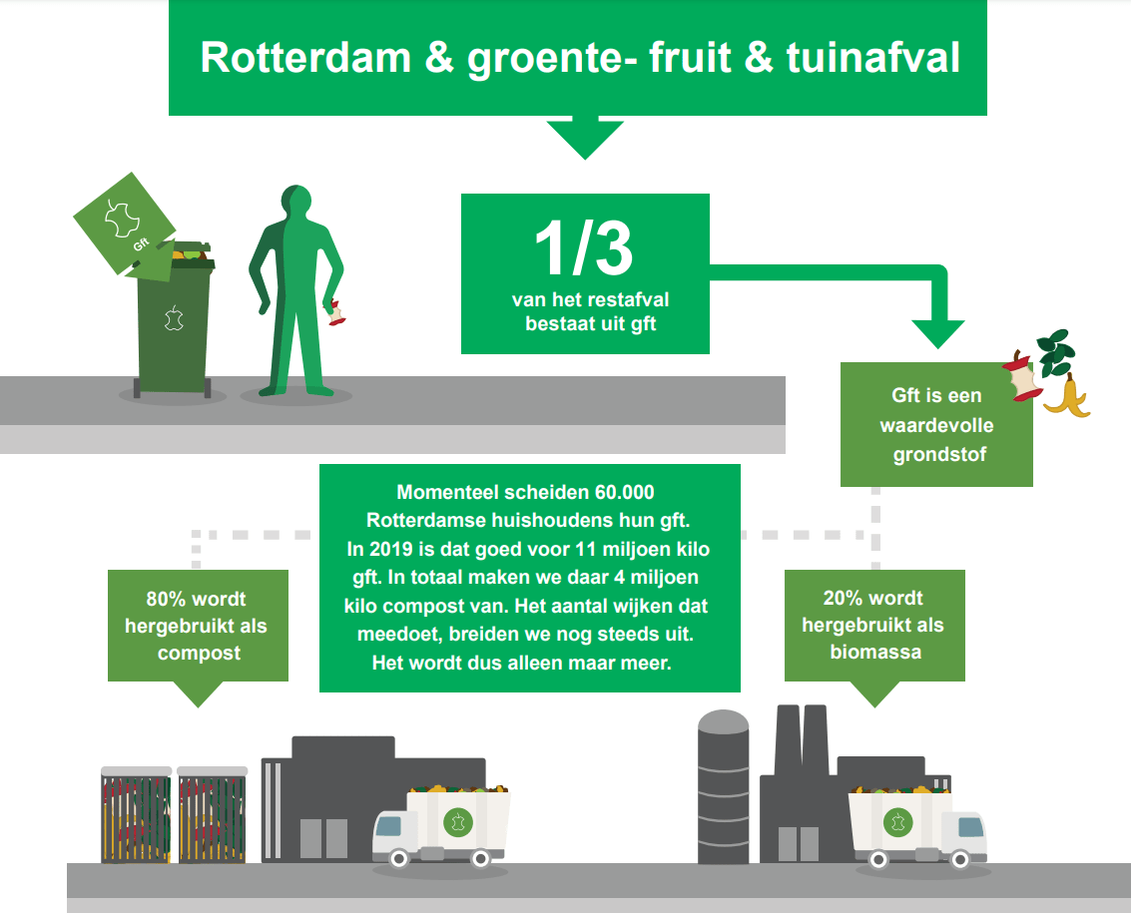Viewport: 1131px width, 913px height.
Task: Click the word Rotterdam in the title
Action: click(305, 57)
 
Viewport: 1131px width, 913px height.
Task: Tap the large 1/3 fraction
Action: click(584, 248)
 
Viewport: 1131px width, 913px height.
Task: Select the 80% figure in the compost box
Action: click(168, 599)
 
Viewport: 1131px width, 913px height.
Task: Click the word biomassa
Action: click(875, 652)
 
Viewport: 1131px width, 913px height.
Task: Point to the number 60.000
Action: click(624, 492)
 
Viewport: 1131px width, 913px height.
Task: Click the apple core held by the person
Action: click(335, 313)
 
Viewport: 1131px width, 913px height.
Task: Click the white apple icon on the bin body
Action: click(174, 317)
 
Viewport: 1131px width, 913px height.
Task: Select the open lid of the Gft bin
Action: click(125, 225)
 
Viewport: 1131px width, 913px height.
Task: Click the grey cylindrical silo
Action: click(723, 786)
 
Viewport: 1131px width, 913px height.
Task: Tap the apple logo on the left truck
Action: click(457, 821)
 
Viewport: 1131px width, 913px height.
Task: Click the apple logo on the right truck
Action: click(898, 821)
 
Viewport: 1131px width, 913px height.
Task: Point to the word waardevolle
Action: click(936, 425)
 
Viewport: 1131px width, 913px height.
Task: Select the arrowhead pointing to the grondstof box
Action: click(937, 334)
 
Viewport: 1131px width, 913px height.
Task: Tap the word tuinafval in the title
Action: click(872, 57)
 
